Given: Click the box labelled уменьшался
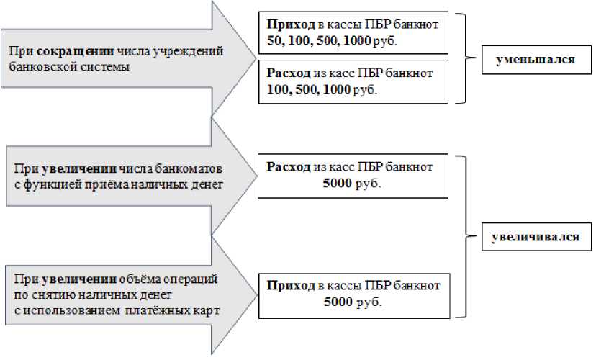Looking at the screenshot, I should coord(535,60).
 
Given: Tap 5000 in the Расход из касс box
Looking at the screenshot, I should coord(339,184).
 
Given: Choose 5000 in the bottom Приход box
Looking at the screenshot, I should coord(339,302).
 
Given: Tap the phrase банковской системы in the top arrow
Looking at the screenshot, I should coord(70,67).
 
